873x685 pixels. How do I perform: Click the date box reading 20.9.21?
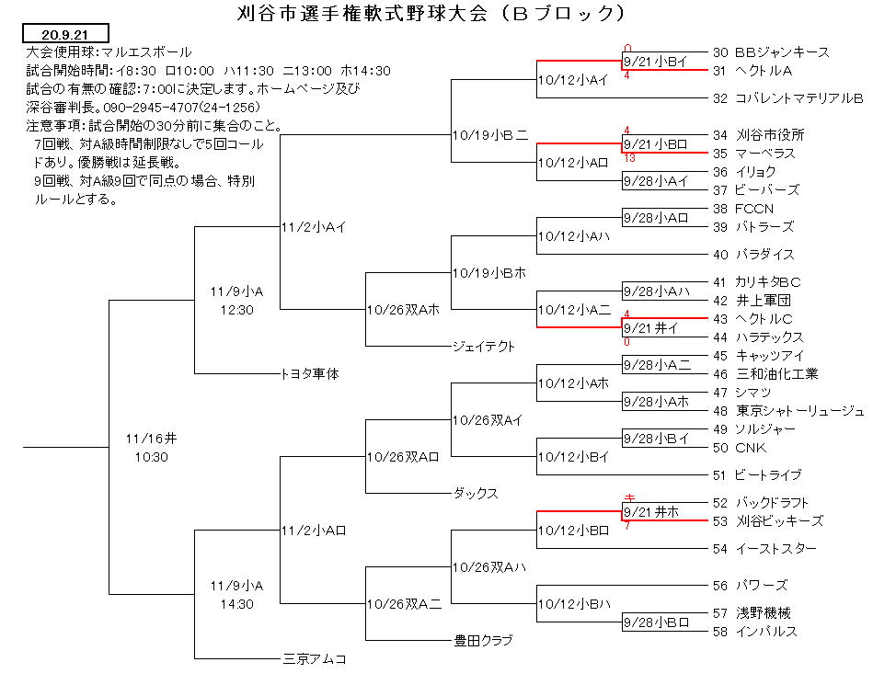click(65, 34)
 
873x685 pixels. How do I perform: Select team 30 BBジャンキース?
click(771, 52)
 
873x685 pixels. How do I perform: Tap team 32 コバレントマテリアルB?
click(787, 98)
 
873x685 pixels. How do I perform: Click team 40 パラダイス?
click(753, 255)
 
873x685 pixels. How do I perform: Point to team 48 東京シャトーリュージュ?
click(788, 411)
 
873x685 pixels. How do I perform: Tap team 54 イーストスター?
click(764, 549)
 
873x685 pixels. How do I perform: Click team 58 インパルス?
click(755, 632)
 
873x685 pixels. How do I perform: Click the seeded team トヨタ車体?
click(310, 374)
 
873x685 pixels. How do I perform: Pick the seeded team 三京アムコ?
click(316, 659)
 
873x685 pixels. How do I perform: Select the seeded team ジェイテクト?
click(484, 346)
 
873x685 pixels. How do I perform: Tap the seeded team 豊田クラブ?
click(483, 641)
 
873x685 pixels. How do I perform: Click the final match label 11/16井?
click(151, 440)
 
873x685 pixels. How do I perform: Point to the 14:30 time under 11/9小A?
click(236, 604)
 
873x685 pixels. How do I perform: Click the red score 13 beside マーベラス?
click(630, 158)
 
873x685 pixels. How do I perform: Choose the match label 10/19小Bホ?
click(488, 273)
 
